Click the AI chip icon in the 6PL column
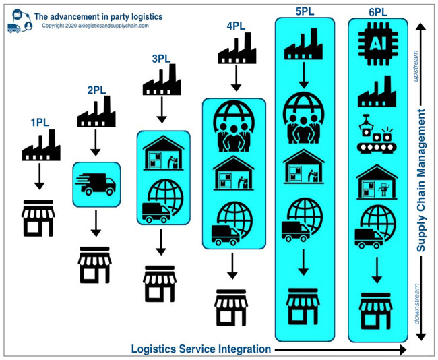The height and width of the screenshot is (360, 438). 378,44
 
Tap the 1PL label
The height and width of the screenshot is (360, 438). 40,123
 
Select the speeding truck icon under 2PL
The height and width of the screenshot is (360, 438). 96,184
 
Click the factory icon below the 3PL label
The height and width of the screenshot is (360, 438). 162,80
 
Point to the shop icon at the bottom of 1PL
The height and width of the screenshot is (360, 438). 38,218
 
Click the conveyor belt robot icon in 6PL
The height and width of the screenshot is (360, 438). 376,134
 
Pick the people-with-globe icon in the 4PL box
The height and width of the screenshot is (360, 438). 234,126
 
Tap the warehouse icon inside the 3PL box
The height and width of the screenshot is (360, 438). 164,153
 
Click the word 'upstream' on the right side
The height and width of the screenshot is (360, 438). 416,66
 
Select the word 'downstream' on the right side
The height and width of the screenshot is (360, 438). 416,304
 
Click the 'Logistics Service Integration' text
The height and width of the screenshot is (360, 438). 201,349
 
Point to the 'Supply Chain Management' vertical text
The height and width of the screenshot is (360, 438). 421,180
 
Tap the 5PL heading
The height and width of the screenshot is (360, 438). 305,11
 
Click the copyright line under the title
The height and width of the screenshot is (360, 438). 95,26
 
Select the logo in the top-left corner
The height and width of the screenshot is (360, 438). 20,21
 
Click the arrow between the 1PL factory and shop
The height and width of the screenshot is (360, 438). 39,177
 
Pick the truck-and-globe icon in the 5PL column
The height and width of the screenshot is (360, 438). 302,220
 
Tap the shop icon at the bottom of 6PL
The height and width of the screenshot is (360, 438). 376,311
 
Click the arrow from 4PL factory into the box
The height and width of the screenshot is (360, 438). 237,78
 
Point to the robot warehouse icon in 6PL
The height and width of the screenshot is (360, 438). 377,182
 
